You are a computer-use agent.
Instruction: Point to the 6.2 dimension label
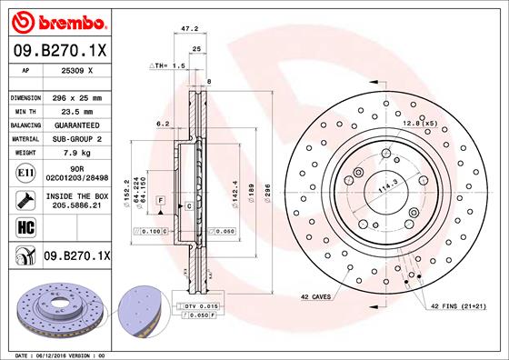pyautogui.click(x=163, y=123)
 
